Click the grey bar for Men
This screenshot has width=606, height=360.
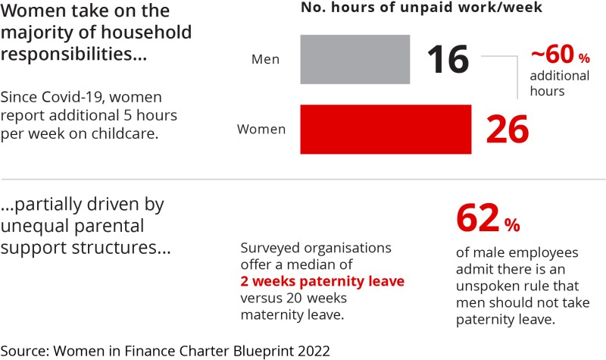pyautogui.click(x=355, y=58)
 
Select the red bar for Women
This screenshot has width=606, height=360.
pyautogui.click(x=386, y=129)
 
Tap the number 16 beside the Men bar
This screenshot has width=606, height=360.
pyautogui.click(x=448, y=60)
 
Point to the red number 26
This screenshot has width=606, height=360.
pyautogui.click(x=506, y=130)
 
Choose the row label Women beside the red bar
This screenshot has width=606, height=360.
pyautogui.click(x=261, y=130)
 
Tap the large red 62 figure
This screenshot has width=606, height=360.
pyautogui.click(x=479, y=219)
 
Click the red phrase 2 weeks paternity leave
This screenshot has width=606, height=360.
pyautogui.click(x=322, y=281)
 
